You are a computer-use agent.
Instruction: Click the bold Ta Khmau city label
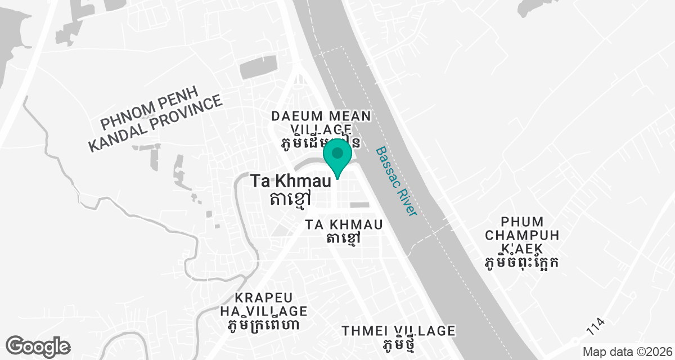[281, 182]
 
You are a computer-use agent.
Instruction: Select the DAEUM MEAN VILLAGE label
[321, 123]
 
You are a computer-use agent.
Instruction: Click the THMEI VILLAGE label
[398, 330]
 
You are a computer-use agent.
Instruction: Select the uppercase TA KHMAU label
[344, 224]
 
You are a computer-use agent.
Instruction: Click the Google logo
[38, 346]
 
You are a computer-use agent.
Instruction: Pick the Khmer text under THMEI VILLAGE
[398, 344]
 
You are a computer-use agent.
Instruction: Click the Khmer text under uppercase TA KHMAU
[343, 238]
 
